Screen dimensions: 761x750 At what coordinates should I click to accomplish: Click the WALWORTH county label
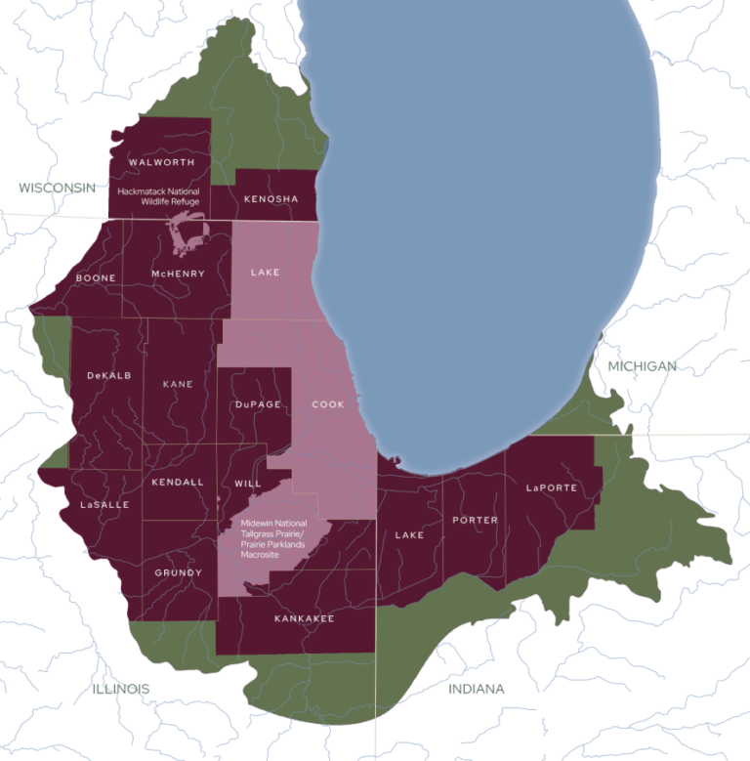pos(161,162)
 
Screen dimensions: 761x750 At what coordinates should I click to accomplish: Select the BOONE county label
pos(96,277)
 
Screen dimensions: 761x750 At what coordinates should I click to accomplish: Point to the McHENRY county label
pos(178,274)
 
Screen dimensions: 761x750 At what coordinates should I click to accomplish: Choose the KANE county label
pos(178,384)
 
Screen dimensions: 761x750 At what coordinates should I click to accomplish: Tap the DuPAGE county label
pos(258,403)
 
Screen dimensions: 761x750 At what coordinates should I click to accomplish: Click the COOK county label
pos(328,403)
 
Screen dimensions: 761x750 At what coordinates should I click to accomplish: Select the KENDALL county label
pos(178,482)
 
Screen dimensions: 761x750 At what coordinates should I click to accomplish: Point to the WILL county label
pos(248,484)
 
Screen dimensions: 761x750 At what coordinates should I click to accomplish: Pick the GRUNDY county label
pos(178,572)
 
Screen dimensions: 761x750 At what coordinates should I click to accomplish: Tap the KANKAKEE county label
pos(304,618)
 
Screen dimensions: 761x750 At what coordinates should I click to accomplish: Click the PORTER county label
pos(475,520)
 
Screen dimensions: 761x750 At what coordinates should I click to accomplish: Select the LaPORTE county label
pos(552,486)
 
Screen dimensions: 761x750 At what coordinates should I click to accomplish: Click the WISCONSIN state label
pos(58,187)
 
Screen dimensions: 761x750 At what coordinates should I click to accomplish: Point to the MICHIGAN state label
pos(642,365)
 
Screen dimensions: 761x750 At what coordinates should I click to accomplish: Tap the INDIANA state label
pos(477,689)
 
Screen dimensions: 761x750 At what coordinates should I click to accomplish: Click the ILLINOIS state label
pos(121,689)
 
